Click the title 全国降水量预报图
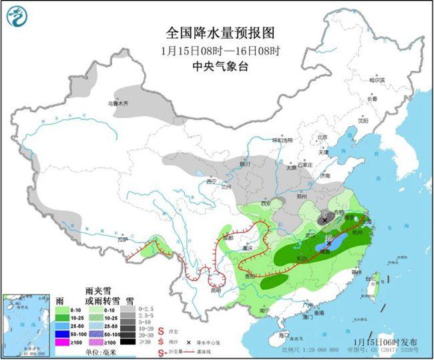point(219,31)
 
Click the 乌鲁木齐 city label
point(118,104)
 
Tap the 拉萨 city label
point(122,239)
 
